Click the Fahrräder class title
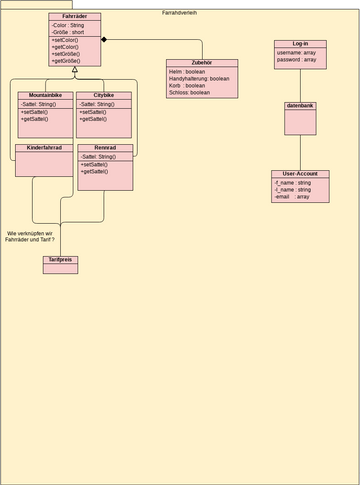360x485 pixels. tap(74, 16)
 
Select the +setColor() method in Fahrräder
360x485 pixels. tap(66, 39)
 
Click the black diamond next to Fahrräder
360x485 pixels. tap(104, 39)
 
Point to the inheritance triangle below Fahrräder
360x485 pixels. tap(75, 69)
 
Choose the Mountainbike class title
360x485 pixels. tap(44, 95)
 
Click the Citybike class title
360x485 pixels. tap(104, 95)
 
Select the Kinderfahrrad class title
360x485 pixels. tap(44, 147)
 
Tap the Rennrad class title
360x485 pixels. tap(104, 147)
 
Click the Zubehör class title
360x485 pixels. tap(201, 63)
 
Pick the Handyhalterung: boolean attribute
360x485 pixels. tap(199, 78)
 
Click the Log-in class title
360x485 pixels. tap(300, 44)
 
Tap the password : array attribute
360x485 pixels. tap(297, 60)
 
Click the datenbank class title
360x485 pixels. tap(300, 105)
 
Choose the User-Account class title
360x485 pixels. tap(300, 174)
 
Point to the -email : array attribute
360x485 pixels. tap(292, 197)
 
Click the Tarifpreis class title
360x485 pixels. tap(60, 259)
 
